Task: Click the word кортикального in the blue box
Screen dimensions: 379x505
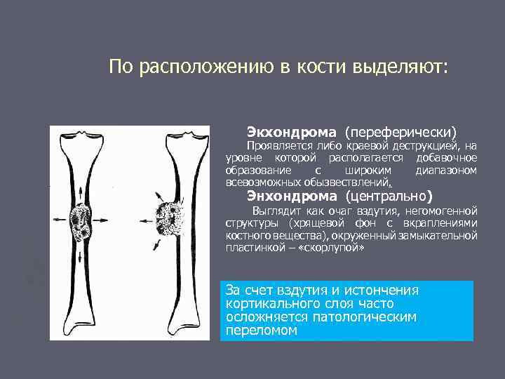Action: pos(271,304)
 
